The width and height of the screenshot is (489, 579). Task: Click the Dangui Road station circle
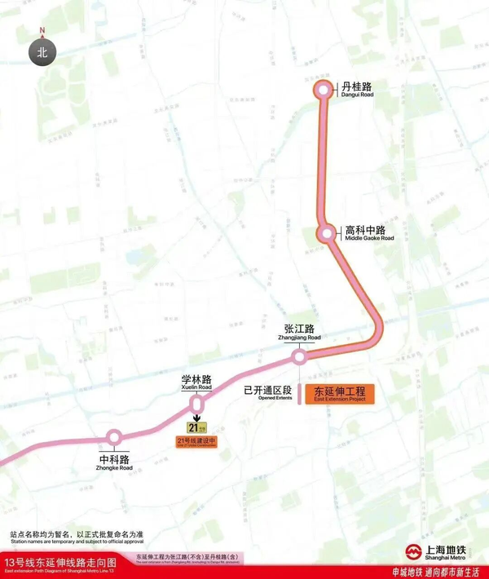coord(324,91)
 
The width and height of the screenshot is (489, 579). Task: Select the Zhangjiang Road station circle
coord(300,356)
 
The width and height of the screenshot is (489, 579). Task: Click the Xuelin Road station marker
coord(196,404)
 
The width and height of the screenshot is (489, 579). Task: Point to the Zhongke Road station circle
coord(114,439)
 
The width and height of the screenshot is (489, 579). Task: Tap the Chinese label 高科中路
coord(364,228)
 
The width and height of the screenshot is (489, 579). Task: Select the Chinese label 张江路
coord(302,327)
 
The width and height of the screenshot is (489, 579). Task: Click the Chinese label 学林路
coord(196,379)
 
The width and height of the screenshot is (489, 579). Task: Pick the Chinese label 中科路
coord(115,459)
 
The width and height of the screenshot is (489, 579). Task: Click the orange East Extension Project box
coord(338,393)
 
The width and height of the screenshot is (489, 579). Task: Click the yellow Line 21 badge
coord(197,427)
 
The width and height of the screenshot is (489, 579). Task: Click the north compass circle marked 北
coord(42,53)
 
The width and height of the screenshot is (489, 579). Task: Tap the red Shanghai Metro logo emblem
coord(413,550)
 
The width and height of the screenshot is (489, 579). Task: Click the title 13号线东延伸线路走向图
coord(60,563)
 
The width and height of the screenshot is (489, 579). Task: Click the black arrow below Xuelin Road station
coord(196,417)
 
